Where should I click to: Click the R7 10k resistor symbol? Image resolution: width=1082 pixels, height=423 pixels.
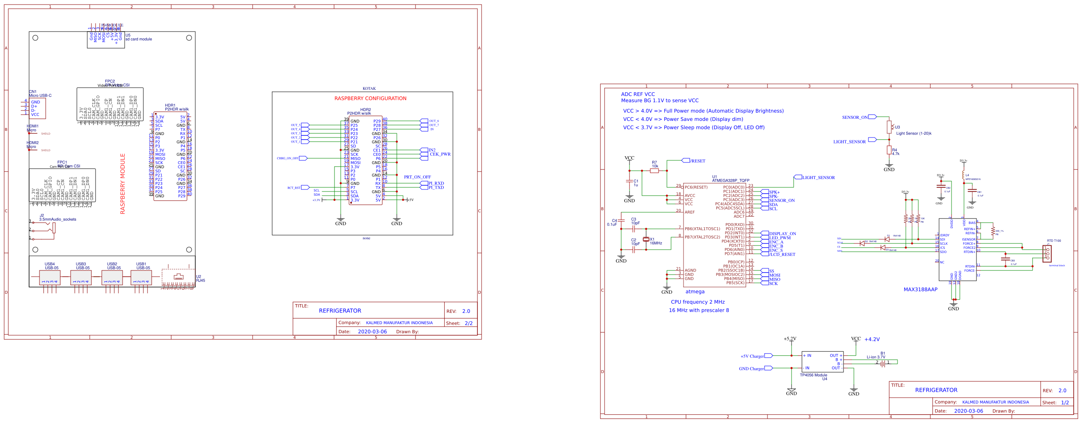click(654, 170)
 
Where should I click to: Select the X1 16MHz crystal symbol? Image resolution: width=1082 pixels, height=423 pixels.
click(646, 239)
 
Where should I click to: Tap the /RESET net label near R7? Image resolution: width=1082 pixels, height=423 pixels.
click(697, 161)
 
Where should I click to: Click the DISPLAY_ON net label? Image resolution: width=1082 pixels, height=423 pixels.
click(782, 234)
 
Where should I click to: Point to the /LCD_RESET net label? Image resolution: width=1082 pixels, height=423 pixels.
click(782, 254)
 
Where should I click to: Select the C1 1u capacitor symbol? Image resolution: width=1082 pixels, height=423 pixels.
click(629, 181)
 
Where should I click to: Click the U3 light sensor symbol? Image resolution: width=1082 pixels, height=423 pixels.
click(889, 127)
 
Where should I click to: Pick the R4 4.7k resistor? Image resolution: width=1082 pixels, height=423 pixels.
click(889, 150)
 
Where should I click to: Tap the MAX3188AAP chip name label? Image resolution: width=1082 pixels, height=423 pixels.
click(920, 290)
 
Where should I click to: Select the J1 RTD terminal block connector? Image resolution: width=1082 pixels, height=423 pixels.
click(1047, 253)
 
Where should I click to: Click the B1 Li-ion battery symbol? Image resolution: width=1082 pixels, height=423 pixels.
click(883, 364)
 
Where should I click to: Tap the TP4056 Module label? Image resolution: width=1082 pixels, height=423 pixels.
click(813, 375)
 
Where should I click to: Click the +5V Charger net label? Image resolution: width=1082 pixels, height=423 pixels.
click(752, 356)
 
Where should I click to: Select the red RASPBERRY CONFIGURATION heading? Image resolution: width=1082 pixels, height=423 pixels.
click(370, 98)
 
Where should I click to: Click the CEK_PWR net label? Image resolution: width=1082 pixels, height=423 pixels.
click(440, 154)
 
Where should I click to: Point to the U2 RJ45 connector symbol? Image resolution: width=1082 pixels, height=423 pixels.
click(179, 277)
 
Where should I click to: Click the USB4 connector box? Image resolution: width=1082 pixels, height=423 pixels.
click(49, 278)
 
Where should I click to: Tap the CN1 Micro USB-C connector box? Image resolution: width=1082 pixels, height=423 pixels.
click(37, 108)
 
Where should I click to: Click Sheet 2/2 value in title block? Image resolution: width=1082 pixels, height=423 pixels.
click(468, 323)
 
